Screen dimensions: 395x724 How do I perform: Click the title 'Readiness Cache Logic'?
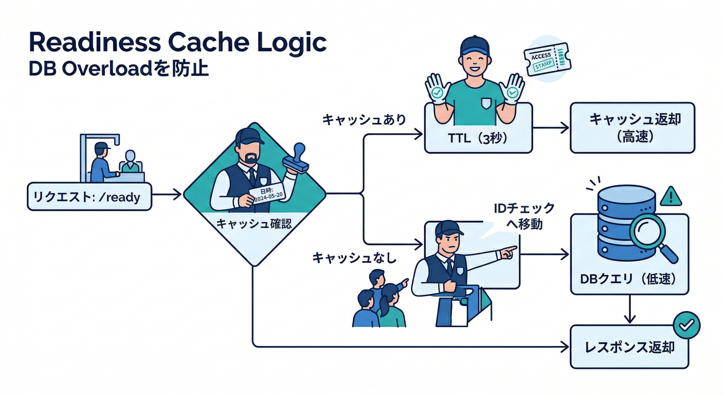(177, 43)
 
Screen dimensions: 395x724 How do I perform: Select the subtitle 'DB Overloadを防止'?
(119, 69)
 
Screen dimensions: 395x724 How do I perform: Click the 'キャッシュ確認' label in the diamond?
(254, 224)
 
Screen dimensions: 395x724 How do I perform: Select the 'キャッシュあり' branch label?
(364, 120)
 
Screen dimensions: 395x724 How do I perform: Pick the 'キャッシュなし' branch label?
(355, 258)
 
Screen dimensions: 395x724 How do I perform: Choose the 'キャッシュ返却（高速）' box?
(632, 128)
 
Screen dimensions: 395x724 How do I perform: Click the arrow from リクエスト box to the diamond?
(168, 194)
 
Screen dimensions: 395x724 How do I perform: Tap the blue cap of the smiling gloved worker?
(474, 45)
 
